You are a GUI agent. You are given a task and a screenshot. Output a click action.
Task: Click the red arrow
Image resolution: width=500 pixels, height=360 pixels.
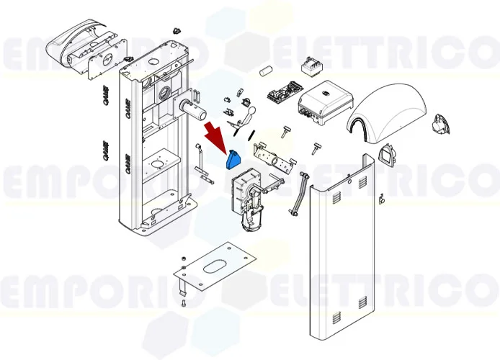coord(215,136)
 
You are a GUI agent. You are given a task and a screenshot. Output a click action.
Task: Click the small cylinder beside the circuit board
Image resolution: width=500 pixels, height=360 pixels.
coord(265,72)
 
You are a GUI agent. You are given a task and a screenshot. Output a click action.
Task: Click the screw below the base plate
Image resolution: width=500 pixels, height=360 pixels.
coord(183,306)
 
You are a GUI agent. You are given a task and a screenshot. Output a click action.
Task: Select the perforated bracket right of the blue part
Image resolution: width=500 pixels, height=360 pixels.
coord(274,156)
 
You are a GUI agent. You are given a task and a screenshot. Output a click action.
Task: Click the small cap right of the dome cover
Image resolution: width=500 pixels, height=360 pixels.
coord(438,127)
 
